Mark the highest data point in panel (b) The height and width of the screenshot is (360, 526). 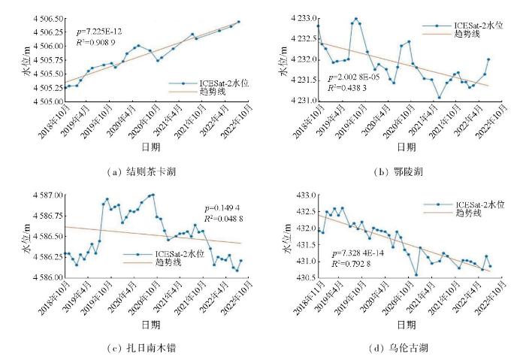coord(355,20)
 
